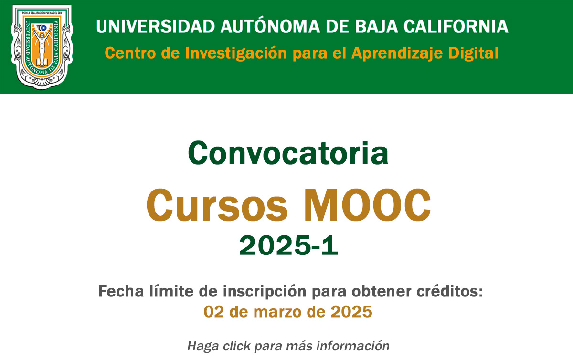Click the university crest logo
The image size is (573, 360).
point(42,47)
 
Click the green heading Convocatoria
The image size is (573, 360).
point(288,153)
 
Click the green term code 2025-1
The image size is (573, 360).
point(288,246)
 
